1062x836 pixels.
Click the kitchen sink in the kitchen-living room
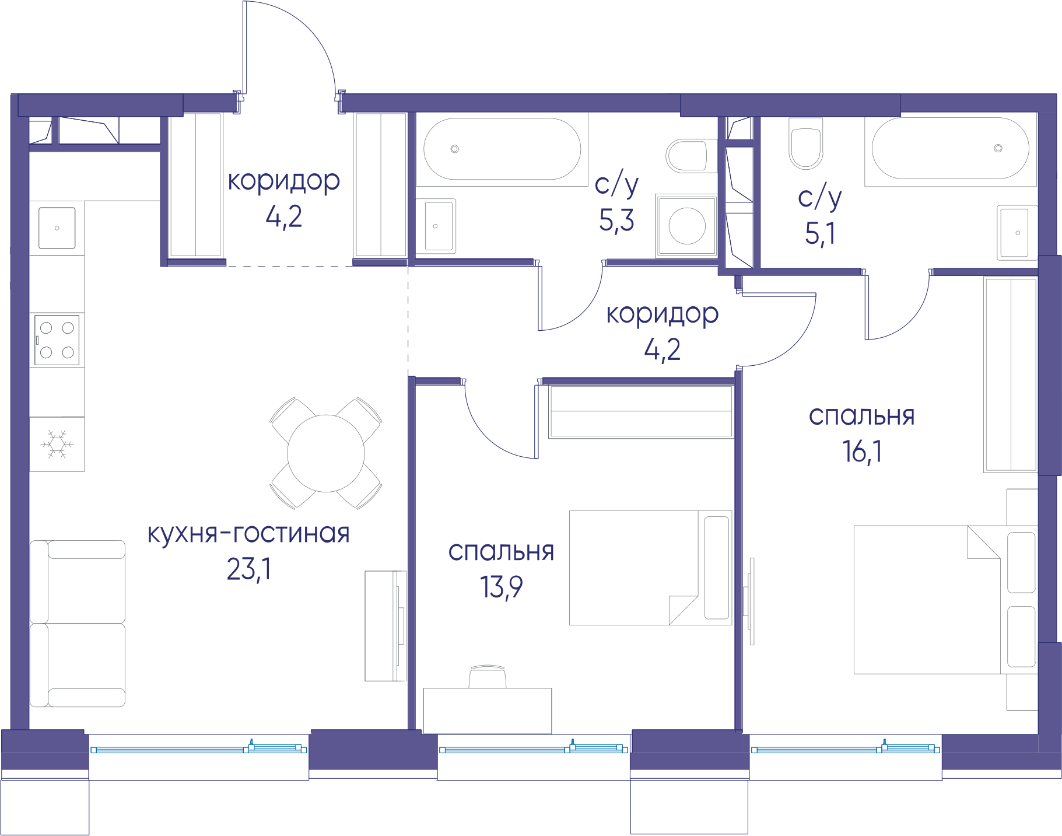tap(57, 228)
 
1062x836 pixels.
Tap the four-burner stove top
tap(57, 340)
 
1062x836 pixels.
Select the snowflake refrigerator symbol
tap(57, 444)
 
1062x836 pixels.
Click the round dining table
tap(326, 453)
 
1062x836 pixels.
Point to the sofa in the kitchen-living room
tap(78, 624)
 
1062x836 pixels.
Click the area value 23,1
tap(249, 569)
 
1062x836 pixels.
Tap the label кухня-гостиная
tap(248, 534)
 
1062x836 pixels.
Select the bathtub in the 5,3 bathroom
tap(502, 149)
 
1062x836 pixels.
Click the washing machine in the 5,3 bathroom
tap(686, 226)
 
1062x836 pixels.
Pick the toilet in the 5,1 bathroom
tap(805, 144)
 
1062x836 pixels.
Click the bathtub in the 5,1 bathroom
tap(951, 149)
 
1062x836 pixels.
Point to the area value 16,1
tap(862, 452)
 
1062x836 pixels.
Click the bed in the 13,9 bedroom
tap(651, 568)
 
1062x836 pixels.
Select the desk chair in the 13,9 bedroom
tap(488, 676)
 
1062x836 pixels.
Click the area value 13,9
tap(501, 587)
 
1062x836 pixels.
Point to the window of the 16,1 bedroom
tap(846, 749)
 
